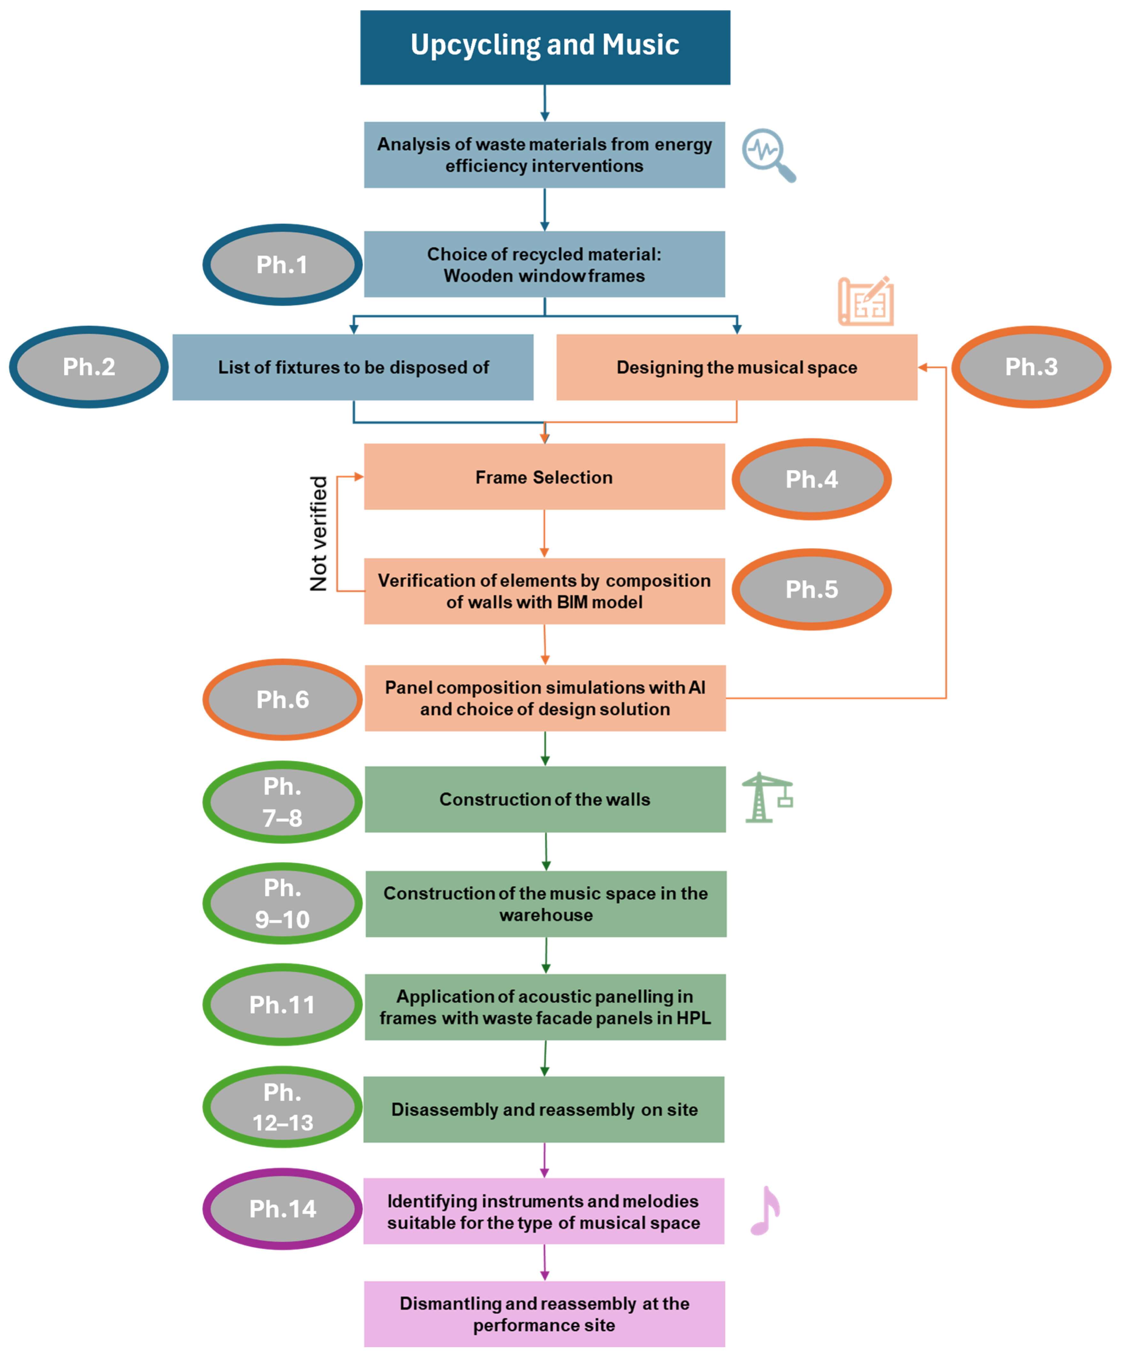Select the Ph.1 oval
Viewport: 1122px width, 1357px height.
click(x=282, y=264)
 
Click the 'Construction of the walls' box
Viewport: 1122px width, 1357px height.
click(x=545, y=799)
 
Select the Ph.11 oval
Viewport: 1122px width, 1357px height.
click(x=282, y=1005)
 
